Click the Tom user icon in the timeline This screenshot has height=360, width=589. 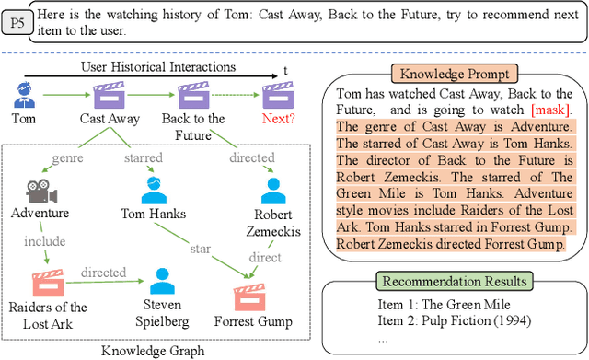click(x=25, y=93)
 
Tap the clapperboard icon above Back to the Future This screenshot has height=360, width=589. click(x=193, y=93)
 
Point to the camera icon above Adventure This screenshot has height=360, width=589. click(x=40, y=190)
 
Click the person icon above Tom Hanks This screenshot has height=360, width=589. click(x=154, y=189)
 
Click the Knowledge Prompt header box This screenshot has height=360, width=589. click(x=443, y=74)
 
